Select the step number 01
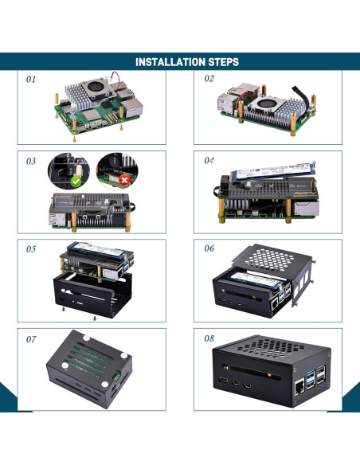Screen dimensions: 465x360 click(32, 80)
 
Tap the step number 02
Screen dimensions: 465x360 click(209, 79)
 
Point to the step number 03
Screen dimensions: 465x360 click(31, 161)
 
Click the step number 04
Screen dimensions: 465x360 click(209, 160)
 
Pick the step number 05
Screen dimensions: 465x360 click(31, 249)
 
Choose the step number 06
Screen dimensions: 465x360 click(209, 248)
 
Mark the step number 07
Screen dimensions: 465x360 click(31, 339)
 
